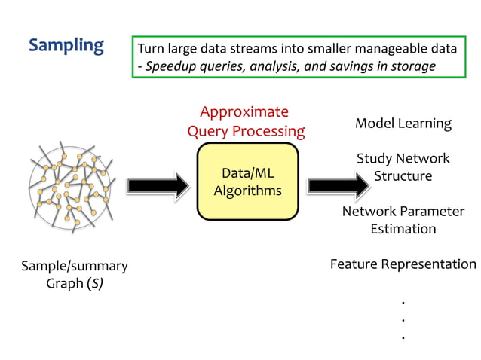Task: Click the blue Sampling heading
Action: (66, 46)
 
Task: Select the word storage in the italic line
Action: (412, 66)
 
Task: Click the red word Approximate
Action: (244, 112)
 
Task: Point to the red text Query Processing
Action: (246, 131)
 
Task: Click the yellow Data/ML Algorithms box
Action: (247, 182)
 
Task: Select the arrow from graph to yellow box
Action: (157, 185)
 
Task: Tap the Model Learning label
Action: (403, 124)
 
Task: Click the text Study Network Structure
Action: (403, 167)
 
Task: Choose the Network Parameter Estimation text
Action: (403, 219)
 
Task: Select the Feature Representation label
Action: (403, 264)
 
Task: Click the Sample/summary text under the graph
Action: (74, 266)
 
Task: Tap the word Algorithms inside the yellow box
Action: (247, 191)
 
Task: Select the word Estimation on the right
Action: (403, 228)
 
